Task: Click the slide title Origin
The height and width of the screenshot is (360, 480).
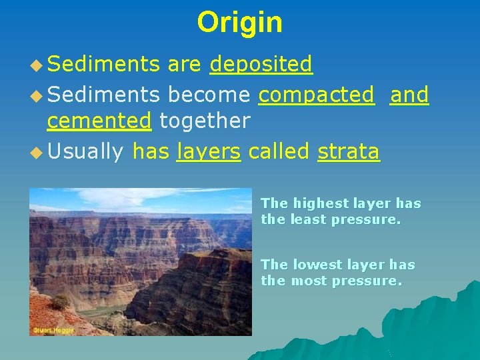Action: [x=239, y=22]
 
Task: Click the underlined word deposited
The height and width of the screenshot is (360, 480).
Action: [x=261, y=64]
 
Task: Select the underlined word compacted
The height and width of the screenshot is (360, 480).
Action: [x=316, y=95]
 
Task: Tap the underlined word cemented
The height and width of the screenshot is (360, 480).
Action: [x=99, y=121]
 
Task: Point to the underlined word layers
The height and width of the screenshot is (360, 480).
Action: [x=208, y=152]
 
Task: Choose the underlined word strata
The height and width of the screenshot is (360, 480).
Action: [x=349, y=152]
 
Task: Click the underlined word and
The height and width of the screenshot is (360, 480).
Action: [x=409, y=95]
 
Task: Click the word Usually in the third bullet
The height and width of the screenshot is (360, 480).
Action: [x=85, y=152]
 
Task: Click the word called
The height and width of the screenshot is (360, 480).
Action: [x=279, y=152]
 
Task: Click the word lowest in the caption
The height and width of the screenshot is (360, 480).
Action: [x=313, y=265]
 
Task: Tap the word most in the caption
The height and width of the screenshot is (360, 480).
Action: [x=308, y=281]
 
